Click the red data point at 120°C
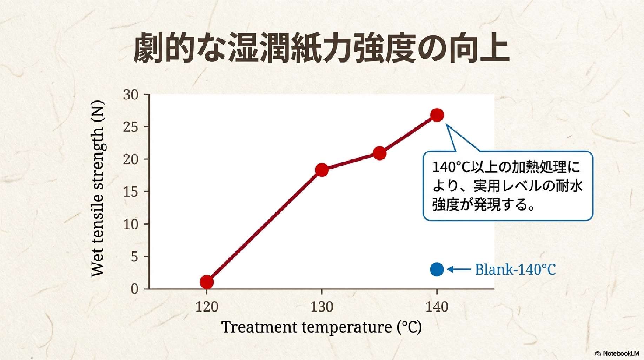(207, 282)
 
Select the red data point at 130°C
(322, 170)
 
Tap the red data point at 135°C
(379, 153)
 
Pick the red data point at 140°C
(437, 115)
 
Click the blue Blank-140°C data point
(437, 269)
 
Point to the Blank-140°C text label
(515, 269)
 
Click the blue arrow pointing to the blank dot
(459, 269)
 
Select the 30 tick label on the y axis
(131, 95)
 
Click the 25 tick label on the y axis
(131, 127)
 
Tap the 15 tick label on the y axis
(131, 192)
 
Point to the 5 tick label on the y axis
(134, 257)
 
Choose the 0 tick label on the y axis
(134, 289)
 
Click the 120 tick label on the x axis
(207, 307)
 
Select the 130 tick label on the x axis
(322, 307)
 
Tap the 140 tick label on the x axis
(437, 307)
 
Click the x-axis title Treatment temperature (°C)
(321, 327)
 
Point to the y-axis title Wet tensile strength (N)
(97, 189)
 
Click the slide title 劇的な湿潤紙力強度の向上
(321, 48)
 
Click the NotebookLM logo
(617, 353)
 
